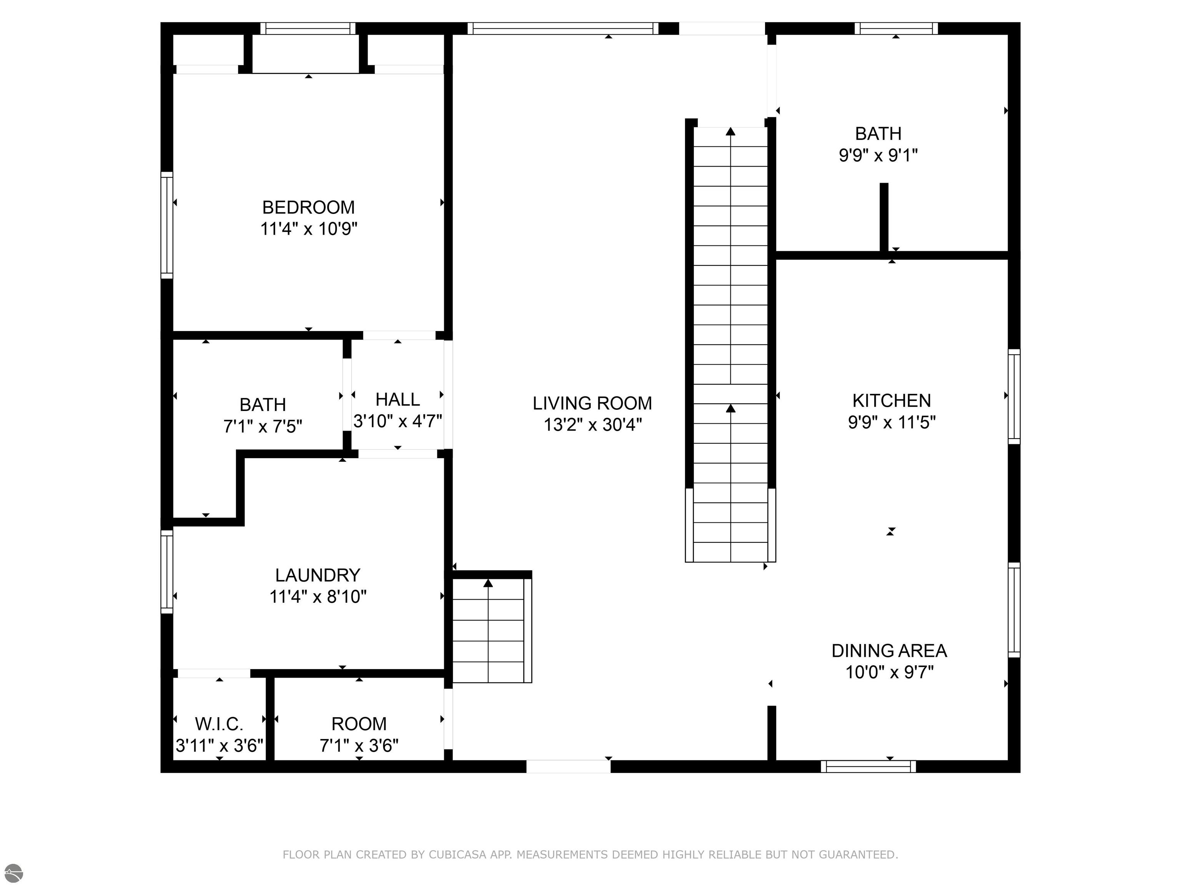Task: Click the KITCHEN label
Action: pos(891,401)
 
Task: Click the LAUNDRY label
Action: pos(318,575)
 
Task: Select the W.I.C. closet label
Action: pos(219,724)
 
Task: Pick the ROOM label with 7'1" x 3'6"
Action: pos(359,724)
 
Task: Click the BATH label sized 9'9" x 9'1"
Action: pos(878,133)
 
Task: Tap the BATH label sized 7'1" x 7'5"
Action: pos(263,405)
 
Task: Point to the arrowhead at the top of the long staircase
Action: pos(730,131)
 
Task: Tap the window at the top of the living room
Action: pos(563,28)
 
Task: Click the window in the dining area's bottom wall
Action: pos(868,767)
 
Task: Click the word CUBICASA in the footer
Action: pos(457,855)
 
